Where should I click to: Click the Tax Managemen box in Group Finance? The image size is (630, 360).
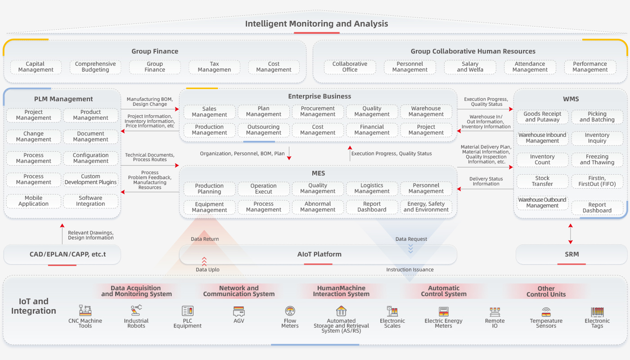[x=214, y=67]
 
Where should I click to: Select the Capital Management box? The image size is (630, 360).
[x=36, y=67]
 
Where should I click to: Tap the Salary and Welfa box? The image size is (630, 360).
[x=470, y=67]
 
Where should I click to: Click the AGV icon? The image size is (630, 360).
[x=239, y=311]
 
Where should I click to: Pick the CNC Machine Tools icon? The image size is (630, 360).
[x=85, y=310]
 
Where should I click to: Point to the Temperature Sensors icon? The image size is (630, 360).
[x=546, y=311]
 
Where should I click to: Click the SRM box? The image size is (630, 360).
[x=571, y=254]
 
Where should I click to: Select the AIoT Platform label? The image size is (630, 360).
[x=319, y=254]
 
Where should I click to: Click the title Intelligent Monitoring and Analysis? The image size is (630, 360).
[x=316, y=24]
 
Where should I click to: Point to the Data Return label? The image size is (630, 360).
[x=205, y=239]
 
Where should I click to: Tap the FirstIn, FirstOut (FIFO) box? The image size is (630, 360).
[x=597, y=181]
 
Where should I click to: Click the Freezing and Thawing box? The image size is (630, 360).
[x=597, y=160]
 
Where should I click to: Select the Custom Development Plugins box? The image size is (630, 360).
[x=90, y=180]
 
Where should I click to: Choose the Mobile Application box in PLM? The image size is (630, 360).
[x=33, y=201]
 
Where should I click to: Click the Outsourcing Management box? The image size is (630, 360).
[x=264, y=130]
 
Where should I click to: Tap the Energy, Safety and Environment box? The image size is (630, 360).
[x=426, y=207]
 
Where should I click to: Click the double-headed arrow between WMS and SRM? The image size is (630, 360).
[x=571, y=233]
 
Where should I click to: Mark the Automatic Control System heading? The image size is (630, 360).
[x=444, y=291]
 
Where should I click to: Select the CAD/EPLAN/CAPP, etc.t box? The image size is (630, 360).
[x=62, y=255]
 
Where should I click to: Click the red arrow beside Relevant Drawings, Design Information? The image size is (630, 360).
[x=63, y=233]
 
